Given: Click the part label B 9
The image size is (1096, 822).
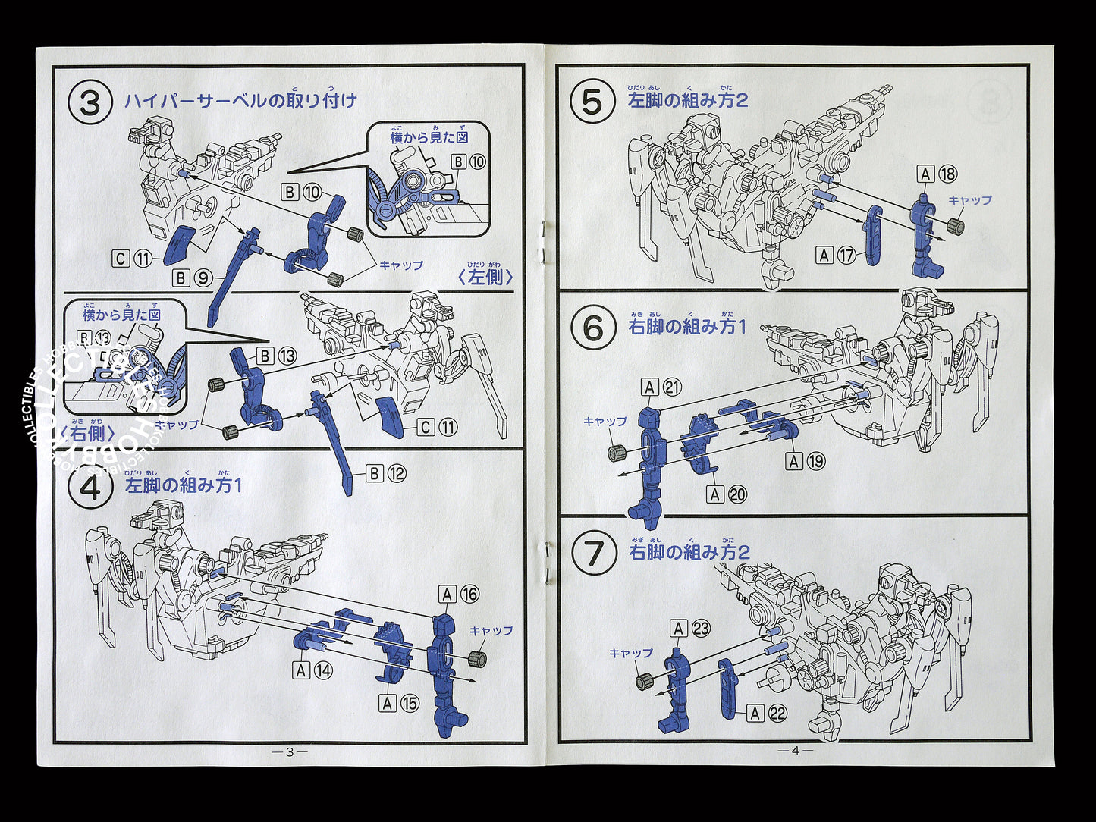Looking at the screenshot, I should [192, 278].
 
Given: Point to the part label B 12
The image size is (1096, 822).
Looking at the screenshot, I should [386, 474].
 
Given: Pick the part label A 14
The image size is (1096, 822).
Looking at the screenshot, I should [313, 670].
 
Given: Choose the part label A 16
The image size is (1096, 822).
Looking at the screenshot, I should [459, 594].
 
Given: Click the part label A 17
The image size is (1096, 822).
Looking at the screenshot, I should [836, 256].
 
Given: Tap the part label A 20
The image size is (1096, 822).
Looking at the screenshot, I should [726, 494].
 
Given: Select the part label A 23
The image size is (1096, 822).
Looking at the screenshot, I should [689, 628].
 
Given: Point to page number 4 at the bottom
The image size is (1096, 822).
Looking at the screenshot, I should [795, 751].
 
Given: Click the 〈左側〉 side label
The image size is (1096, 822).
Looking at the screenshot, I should [485, 277].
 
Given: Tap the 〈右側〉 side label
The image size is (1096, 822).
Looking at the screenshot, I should [88, 433].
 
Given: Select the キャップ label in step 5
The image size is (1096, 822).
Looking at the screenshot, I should [969, 201].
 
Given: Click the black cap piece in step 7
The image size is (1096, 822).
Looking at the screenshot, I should [645, 682].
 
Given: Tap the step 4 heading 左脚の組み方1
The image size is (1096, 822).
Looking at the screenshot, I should [184, 485].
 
